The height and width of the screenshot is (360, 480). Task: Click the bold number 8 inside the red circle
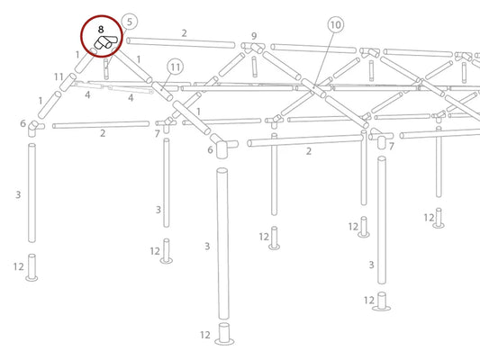click(x=101, y=30)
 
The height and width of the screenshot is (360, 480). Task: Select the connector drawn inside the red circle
click(x=105, y=42)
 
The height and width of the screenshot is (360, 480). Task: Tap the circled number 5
click(x=130, y=22)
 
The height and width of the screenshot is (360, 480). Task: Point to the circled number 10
click(x=336, y=25)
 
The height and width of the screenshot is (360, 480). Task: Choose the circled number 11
click(x=175, y=67)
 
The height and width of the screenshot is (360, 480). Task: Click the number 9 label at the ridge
click(x=254, y=36)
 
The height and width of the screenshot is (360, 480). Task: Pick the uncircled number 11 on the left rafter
click(x=59, y=76)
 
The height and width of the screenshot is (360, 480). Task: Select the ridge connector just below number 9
click(x=253, y=48)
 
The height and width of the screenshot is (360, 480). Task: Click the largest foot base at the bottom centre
click(x=224, y=334)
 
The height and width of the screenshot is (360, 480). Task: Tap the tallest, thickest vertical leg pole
click(x=222, y=244)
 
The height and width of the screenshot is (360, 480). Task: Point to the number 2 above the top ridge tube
click(x=184, y=33)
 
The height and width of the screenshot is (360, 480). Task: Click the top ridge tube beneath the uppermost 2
click(x=181, y=43)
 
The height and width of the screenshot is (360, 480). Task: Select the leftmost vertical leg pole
click(x=32, y=193)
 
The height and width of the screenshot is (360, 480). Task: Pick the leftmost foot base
click(x=32, y=267)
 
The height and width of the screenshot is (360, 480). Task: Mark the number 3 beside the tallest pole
click(x=207, y=247)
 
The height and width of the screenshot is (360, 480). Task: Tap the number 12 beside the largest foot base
click(x=205, y=335)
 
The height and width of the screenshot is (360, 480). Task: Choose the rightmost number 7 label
click(x=391, y=147)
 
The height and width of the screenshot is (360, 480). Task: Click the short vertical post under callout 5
click(x=106, y=69)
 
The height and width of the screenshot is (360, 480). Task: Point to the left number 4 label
click(x=87, y=95)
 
